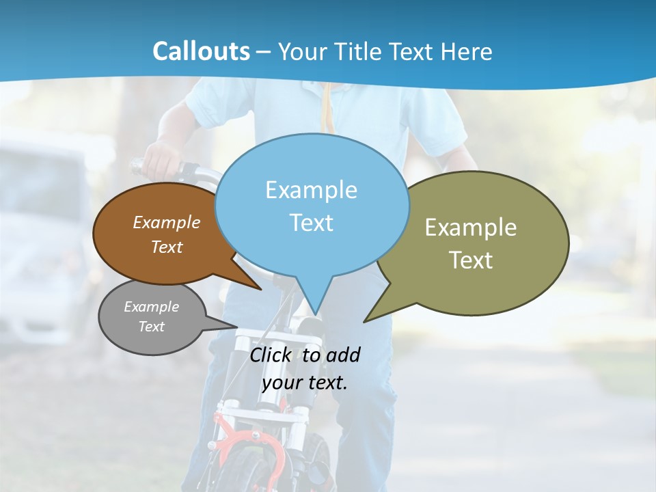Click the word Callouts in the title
click(x=201, y=51)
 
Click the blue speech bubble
click(x=312, y=246)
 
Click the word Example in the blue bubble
click(x=311, y=190)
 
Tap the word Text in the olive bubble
click(x=471, y=260)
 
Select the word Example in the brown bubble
click(x=167, y=222)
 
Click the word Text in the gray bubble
click(x=152, y=327)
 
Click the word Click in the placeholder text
click(x=272, y=355)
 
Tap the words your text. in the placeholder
click(x=305, y=383)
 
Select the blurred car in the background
click(x=41, y=225)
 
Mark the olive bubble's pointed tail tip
click(x=366, y=320)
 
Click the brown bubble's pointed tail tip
click(x=260, y=288)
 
